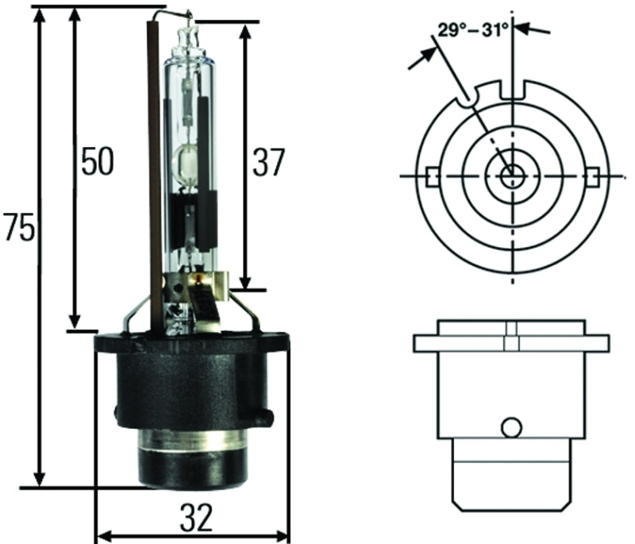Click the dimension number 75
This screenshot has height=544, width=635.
19,228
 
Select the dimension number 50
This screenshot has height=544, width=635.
97,161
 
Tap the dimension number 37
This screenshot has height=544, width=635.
267,162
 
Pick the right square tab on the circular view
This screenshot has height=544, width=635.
592,176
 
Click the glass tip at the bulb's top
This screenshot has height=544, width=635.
188,33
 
